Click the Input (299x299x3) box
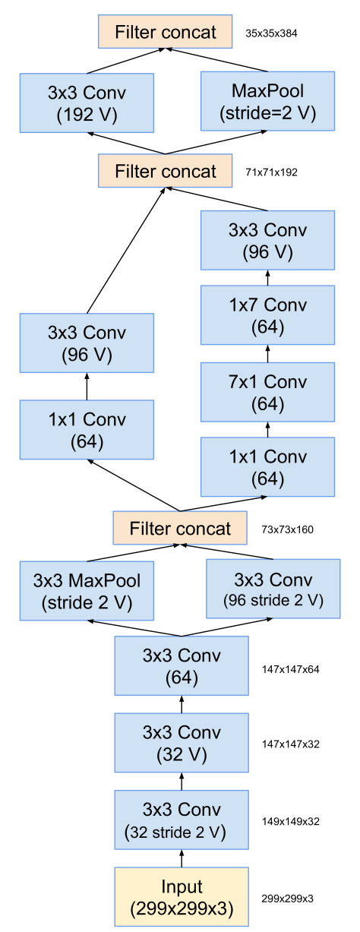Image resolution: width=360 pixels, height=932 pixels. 182,897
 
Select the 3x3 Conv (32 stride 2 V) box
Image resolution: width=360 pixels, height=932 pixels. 182,820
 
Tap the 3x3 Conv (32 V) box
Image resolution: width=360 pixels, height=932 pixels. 182,743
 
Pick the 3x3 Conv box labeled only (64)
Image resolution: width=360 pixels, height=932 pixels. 182,666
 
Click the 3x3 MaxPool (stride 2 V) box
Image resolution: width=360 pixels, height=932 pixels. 87,592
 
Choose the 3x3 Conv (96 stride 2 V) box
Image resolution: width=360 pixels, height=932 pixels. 273,589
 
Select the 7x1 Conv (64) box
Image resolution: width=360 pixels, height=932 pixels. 267,392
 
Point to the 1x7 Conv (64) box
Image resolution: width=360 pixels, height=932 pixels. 267,315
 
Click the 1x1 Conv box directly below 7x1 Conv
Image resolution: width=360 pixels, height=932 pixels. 267,467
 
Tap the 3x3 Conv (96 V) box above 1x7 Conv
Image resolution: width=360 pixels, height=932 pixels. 267,240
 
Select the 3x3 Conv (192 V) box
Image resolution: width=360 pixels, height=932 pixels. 87,103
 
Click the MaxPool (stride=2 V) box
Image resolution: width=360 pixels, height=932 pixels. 267,102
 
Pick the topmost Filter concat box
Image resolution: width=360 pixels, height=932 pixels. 165,32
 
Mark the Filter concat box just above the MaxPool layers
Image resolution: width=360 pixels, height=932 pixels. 180,528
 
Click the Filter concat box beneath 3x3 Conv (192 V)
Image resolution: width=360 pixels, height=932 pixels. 165,171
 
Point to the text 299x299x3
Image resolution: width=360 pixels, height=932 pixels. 182,908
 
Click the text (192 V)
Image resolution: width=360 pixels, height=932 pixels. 87,115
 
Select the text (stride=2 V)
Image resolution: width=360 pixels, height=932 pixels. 267,114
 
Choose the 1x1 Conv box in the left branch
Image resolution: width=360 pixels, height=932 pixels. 87,430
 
